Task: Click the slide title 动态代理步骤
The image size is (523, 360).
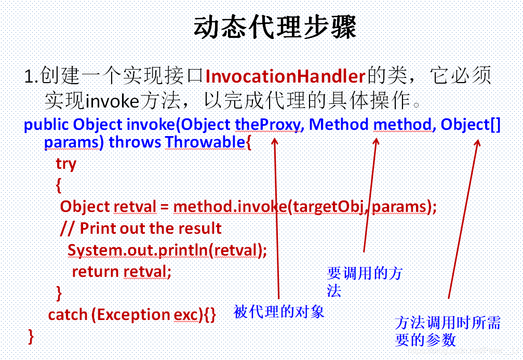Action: coord(275,26)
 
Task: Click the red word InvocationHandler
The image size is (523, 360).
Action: coord(285,76)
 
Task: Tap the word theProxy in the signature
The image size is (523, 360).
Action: coord(267,125)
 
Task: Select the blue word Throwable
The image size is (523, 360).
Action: coord(205,142)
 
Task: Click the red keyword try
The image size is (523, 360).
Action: coord(66,164)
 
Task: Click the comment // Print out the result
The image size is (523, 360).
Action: coord(141,229)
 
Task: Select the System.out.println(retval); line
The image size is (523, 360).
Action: coord(167,250)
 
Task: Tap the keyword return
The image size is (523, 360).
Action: coord(96,272)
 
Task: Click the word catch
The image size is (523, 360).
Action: coord(68,315)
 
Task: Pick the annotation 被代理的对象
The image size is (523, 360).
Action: coord(279,312)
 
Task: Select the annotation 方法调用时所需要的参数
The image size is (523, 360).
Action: coord(448,331)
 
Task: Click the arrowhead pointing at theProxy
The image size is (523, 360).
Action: coord(275,142)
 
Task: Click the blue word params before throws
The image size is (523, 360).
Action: coord(72,142)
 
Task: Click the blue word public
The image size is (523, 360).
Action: coord(46,125)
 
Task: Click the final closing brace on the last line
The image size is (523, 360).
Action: coord(31,336)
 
